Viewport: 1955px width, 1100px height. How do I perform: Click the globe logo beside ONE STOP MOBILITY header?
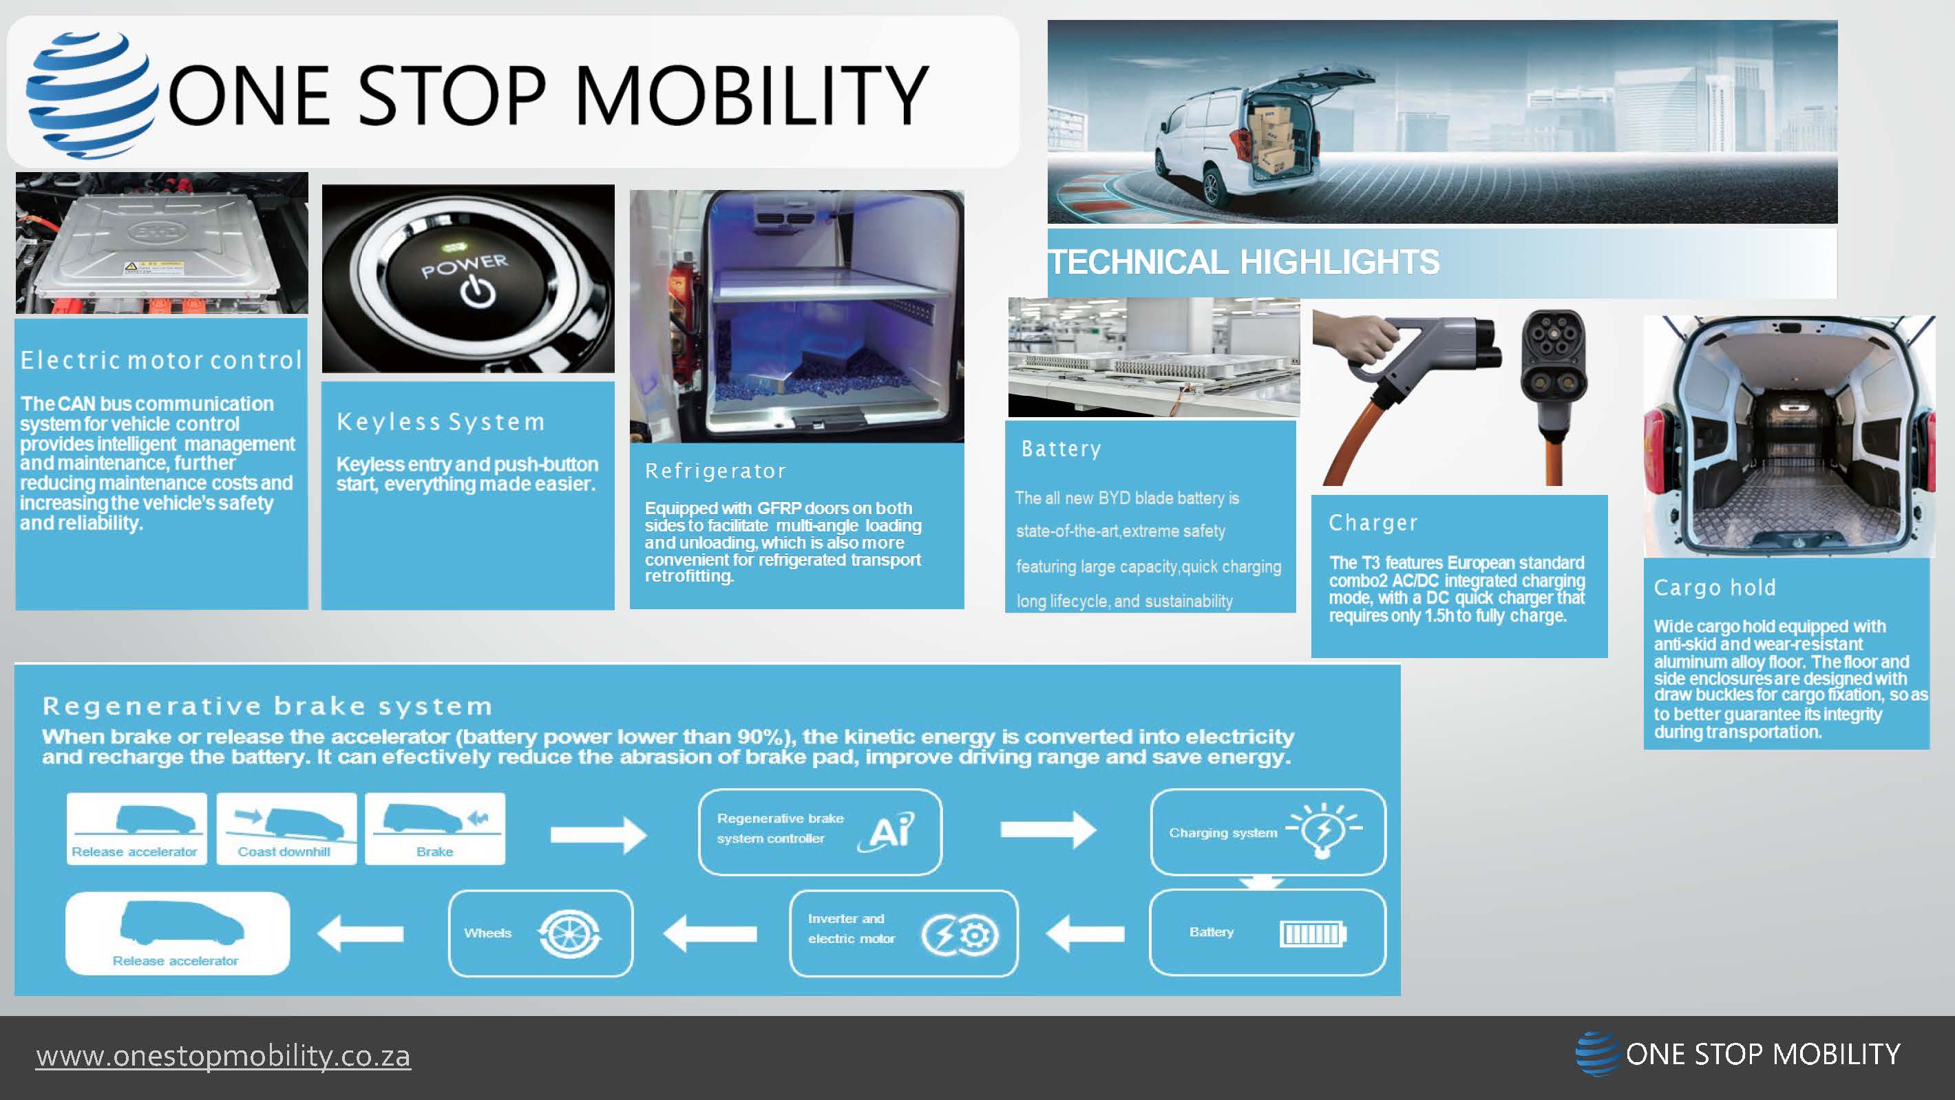[89, 94]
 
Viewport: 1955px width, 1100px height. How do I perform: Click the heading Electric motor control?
[162, 360]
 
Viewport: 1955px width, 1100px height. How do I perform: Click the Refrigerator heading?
[715, 471]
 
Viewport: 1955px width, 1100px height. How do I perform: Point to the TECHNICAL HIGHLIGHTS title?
[1244, 262]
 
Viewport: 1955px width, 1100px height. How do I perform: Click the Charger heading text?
[1373, 522]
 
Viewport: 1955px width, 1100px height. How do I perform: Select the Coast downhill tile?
[286, 828]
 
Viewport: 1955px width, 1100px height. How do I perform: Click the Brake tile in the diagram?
[435, 828]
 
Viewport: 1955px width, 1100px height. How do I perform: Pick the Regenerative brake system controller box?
[820, 832]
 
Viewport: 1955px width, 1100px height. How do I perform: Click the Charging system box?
[1267, 832]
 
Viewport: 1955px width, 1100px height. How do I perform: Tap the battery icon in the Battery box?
[1312, 933]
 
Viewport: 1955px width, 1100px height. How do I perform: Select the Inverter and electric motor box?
[903, 933]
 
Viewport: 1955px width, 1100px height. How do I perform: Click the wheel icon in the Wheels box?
[569, 933]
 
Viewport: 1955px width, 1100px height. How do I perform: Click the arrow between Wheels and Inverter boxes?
[710, 933]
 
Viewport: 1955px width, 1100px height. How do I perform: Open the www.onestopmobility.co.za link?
[223, 1055]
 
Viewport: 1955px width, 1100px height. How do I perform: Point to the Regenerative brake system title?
[267, 706]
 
